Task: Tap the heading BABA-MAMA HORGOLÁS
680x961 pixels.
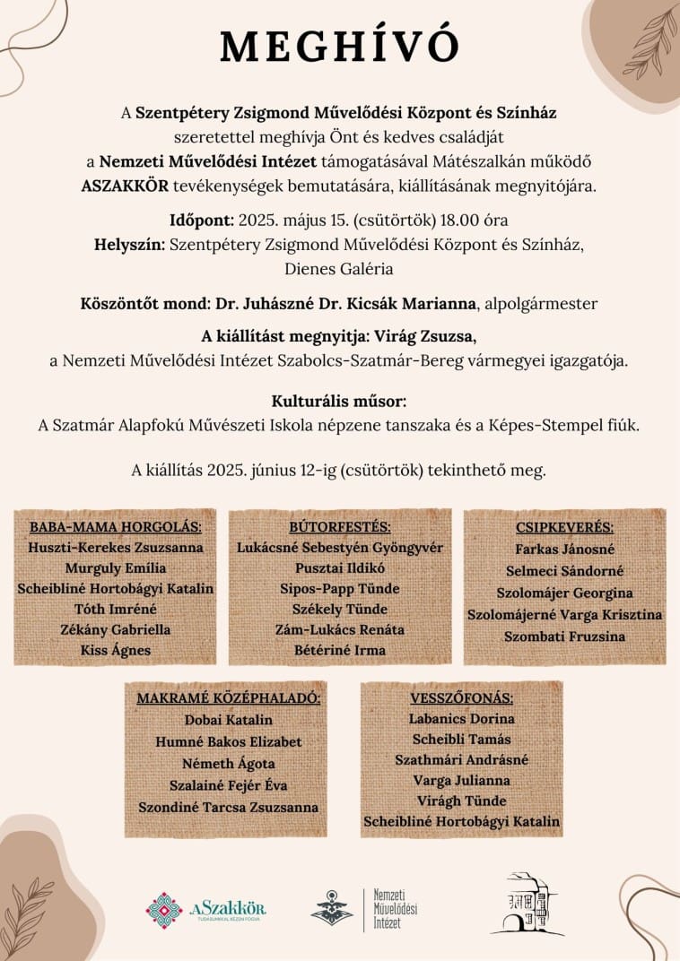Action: pyautogui.click(x=116, y=526)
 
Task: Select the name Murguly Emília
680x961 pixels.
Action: pyautogui.click(x=116, y=567)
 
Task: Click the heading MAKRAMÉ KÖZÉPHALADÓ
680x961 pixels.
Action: pyautogui.click(x=228, y=697)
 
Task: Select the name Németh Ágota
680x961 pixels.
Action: pyautogui.click(x=228, y=763)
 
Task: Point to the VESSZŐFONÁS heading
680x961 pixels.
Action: pyautogui.click(x=461, y=697)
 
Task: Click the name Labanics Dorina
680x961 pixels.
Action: pyautogui.click(x=461, y=719)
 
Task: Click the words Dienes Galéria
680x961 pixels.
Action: pyautogui.click(x=340, y=267)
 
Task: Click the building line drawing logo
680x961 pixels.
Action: pyautogui.click(x=527, y=905)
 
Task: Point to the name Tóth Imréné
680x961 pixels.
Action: pyautogui.click(x=116, y=609)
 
